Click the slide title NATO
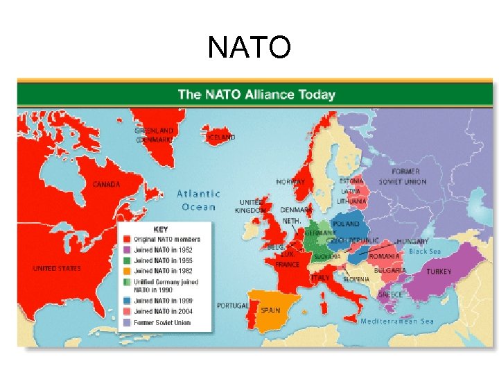pos(249,48)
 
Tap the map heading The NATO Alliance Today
pos(256,94)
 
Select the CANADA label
pos(107,185)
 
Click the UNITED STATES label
pos(57,268)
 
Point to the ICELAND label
pos(221,137)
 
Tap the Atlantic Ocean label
pos(198,200)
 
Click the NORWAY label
pos(290,182)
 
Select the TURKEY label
pos(439,272)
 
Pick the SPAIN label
pos(270,310)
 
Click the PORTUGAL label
pos(232,305)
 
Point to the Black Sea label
pos(424,251)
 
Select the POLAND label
pos(346,224)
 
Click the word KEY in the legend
pos(160,228)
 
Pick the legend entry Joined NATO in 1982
pos(164,271)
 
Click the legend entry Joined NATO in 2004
pos(164,311)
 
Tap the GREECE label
pos(390,294)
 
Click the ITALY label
pos(320,277)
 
